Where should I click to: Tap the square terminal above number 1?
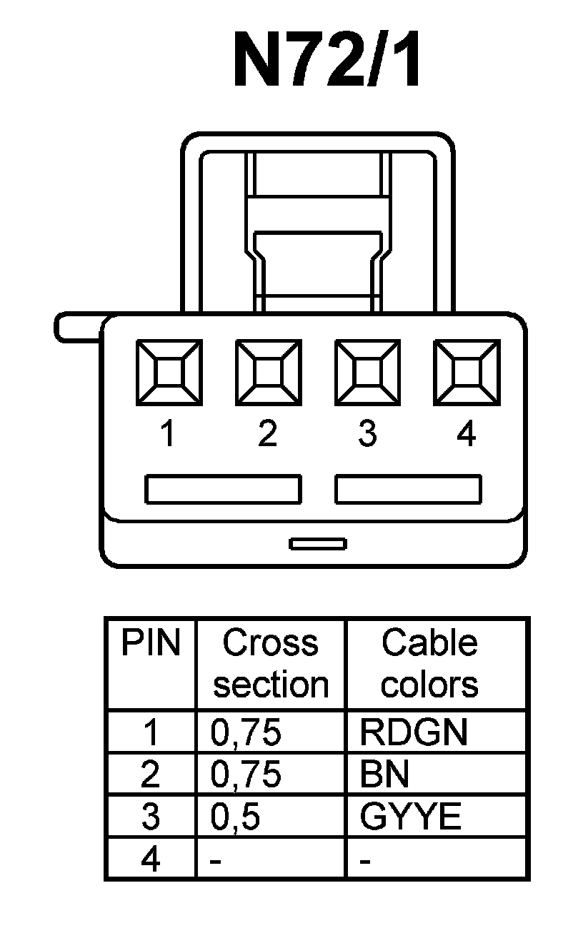pos(169,372)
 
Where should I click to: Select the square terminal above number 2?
pos(268,372)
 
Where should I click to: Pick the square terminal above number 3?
pos(367,372)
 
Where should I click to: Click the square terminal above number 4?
pos(467,372)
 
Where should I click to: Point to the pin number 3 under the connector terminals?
pos(367,433)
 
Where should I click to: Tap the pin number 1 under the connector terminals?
pos(168,433)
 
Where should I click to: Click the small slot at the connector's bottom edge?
pos(318,544)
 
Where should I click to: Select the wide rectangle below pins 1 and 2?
pos(223,490)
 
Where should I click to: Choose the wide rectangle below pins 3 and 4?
pos(408,490)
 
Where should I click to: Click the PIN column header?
pos(150,642)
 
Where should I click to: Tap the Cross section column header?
pos(270,664)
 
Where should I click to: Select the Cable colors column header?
pos(429,664)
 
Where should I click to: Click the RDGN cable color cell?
pos(414,732)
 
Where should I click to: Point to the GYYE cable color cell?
pos(410,817)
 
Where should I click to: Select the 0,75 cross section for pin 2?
pos(246,775)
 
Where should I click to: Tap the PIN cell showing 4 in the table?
pos(150,859)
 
